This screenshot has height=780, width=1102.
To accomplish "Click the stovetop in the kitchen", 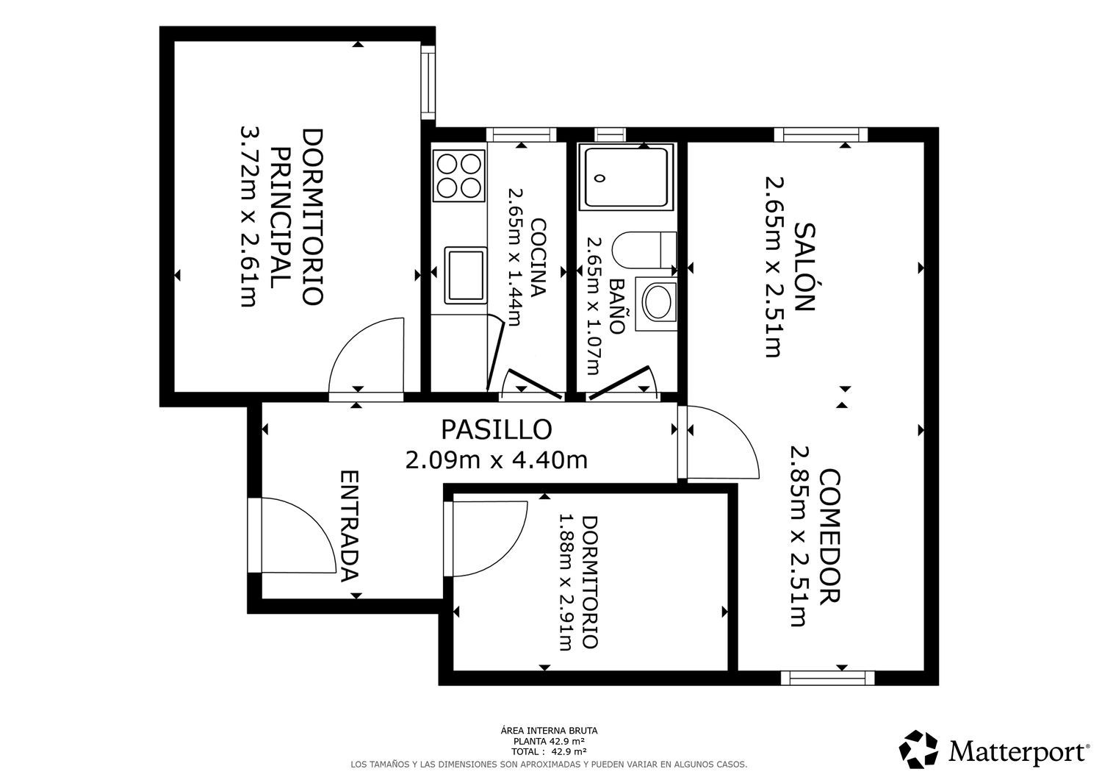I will coord(459,174).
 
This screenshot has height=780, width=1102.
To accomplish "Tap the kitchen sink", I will coord(465,274).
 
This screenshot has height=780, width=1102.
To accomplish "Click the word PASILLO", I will coord(496,428).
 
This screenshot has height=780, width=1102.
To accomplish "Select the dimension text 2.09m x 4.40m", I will coord(496,460).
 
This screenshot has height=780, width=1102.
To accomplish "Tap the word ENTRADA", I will coord(350,526).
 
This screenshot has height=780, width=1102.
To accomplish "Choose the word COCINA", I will coord(538,257).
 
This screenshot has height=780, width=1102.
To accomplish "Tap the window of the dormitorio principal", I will coord(428,82).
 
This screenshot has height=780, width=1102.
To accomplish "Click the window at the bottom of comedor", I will coord(827,677).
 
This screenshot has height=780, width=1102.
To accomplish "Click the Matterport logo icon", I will coord(919,749).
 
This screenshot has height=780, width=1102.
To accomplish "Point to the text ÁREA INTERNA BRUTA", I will coord(549,731).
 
